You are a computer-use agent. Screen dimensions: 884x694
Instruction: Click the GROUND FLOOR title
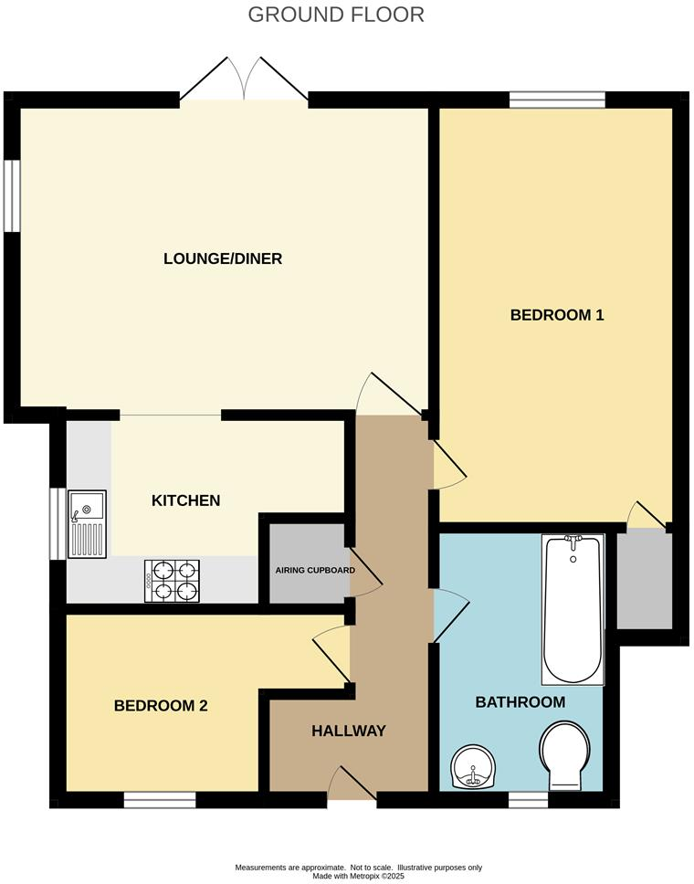point(336,15)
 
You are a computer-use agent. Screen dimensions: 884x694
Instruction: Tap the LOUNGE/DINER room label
point(223,258)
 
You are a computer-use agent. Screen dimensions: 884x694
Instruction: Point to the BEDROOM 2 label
point(161,706)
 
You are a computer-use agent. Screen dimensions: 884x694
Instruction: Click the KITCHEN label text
point(185,500)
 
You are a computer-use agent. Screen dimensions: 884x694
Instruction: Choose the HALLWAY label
point(349,731)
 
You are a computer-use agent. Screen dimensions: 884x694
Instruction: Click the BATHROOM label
point(520,702)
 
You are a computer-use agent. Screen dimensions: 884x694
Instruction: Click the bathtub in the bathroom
point(573,609)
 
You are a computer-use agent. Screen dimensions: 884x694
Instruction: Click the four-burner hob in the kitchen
point(172,581)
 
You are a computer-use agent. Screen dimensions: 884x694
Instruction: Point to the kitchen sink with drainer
point(88,523)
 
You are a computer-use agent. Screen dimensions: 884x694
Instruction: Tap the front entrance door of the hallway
point(352,787)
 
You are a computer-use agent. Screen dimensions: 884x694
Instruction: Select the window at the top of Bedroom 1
point(557,100)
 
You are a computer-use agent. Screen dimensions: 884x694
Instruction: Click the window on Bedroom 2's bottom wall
point(160,801)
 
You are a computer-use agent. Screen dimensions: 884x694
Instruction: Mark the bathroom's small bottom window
point(528,801)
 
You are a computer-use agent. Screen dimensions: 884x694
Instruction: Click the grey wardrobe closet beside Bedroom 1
point(644,581)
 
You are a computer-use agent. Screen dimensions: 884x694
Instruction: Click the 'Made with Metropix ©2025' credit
point(358,876)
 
